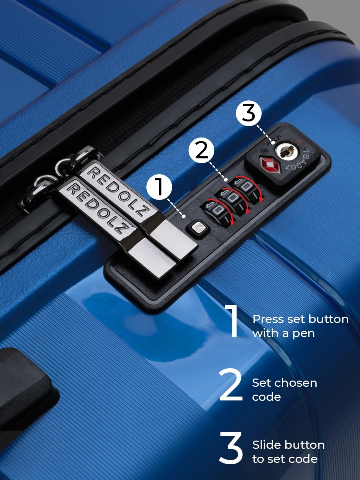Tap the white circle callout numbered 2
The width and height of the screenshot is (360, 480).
tap(201, 150)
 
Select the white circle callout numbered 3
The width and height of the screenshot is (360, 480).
tap(249, 113)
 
